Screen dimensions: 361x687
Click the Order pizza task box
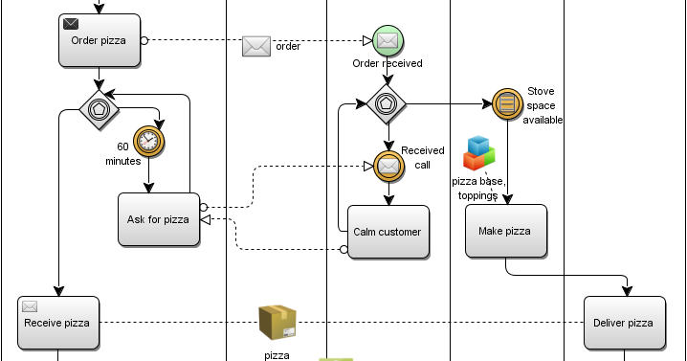click(100, 40)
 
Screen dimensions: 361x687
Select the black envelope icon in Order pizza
click(71, 24)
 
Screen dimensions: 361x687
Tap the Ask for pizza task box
click(159, 219)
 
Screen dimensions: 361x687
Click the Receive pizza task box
click(57, 323)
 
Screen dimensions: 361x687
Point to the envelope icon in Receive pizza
click(30, 306)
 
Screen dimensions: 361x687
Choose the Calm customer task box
click(388, 232)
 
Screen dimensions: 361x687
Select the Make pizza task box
click(505, 231)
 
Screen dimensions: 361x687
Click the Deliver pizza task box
click(624, 323)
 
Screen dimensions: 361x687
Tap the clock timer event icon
click(148, 142)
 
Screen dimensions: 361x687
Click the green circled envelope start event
click(388, 41)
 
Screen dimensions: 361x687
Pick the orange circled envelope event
click(388, 166)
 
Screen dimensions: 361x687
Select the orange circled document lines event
click(507, 102)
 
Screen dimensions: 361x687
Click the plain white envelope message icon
click(256, 46)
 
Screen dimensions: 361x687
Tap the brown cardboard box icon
click(277, 322)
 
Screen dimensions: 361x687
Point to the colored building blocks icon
click(478, 153)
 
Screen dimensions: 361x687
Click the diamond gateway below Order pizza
click(100, 111)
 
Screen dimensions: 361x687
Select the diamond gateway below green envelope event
click(387, 103)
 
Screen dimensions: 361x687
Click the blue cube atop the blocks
click(478, 144)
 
